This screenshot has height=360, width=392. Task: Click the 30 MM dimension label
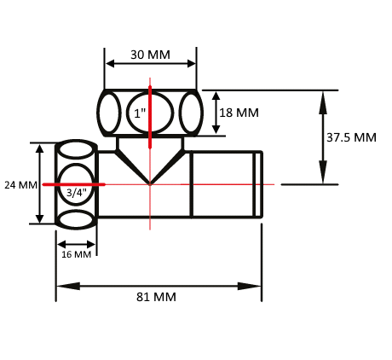click(x=150, y=55)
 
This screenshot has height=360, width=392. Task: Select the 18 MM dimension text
click(x=239, y=113)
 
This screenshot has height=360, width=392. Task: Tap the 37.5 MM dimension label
click(x=351, y=137)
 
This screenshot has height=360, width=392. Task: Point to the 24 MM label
click(x=20, y=185)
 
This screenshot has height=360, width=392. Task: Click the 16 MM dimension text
click(x=77, y=254)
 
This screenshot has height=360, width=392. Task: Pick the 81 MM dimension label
click(x=156, y=297)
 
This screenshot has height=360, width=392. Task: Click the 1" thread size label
click(x=140, y=113)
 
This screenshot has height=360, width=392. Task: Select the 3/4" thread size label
click(x=77, y=193)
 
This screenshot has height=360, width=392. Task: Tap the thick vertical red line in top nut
click(x=150, y=117)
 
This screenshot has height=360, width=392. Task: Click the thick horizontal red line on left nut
click(x=74, y=184)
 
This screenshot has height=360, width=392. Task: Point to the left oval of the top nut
click(x=109, y=113)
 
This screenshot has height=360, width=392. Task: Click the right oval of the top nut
click(x=191, y=113)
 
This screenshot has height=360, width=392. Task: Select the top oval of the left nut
click(x=77, y=149)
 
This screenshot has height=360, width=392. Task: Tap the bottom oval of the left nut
click(x=77, y=219)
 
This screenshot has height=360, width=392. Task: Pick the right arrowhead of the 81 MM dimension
click(x=249, y=286)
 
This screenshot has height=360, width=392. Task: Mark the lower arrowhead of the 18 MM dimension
click(x=216, y=128)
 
